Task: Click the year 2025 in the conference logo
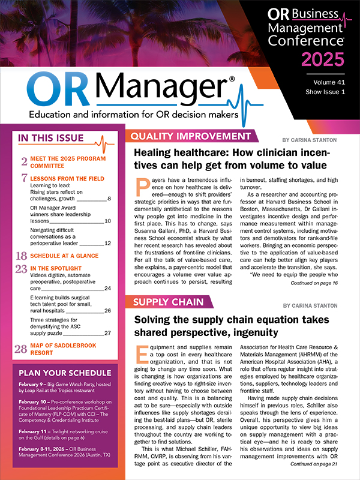coord(323,59)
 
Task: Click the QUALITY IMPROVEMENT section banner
coord(190,136)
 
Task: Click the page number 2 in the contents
coord(24,161)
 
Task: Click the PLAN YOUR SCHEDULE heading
coord(65,372)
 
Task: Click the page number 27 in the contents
coord(107,332)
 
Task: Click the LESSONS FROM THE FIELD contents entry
coord(67,179)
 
